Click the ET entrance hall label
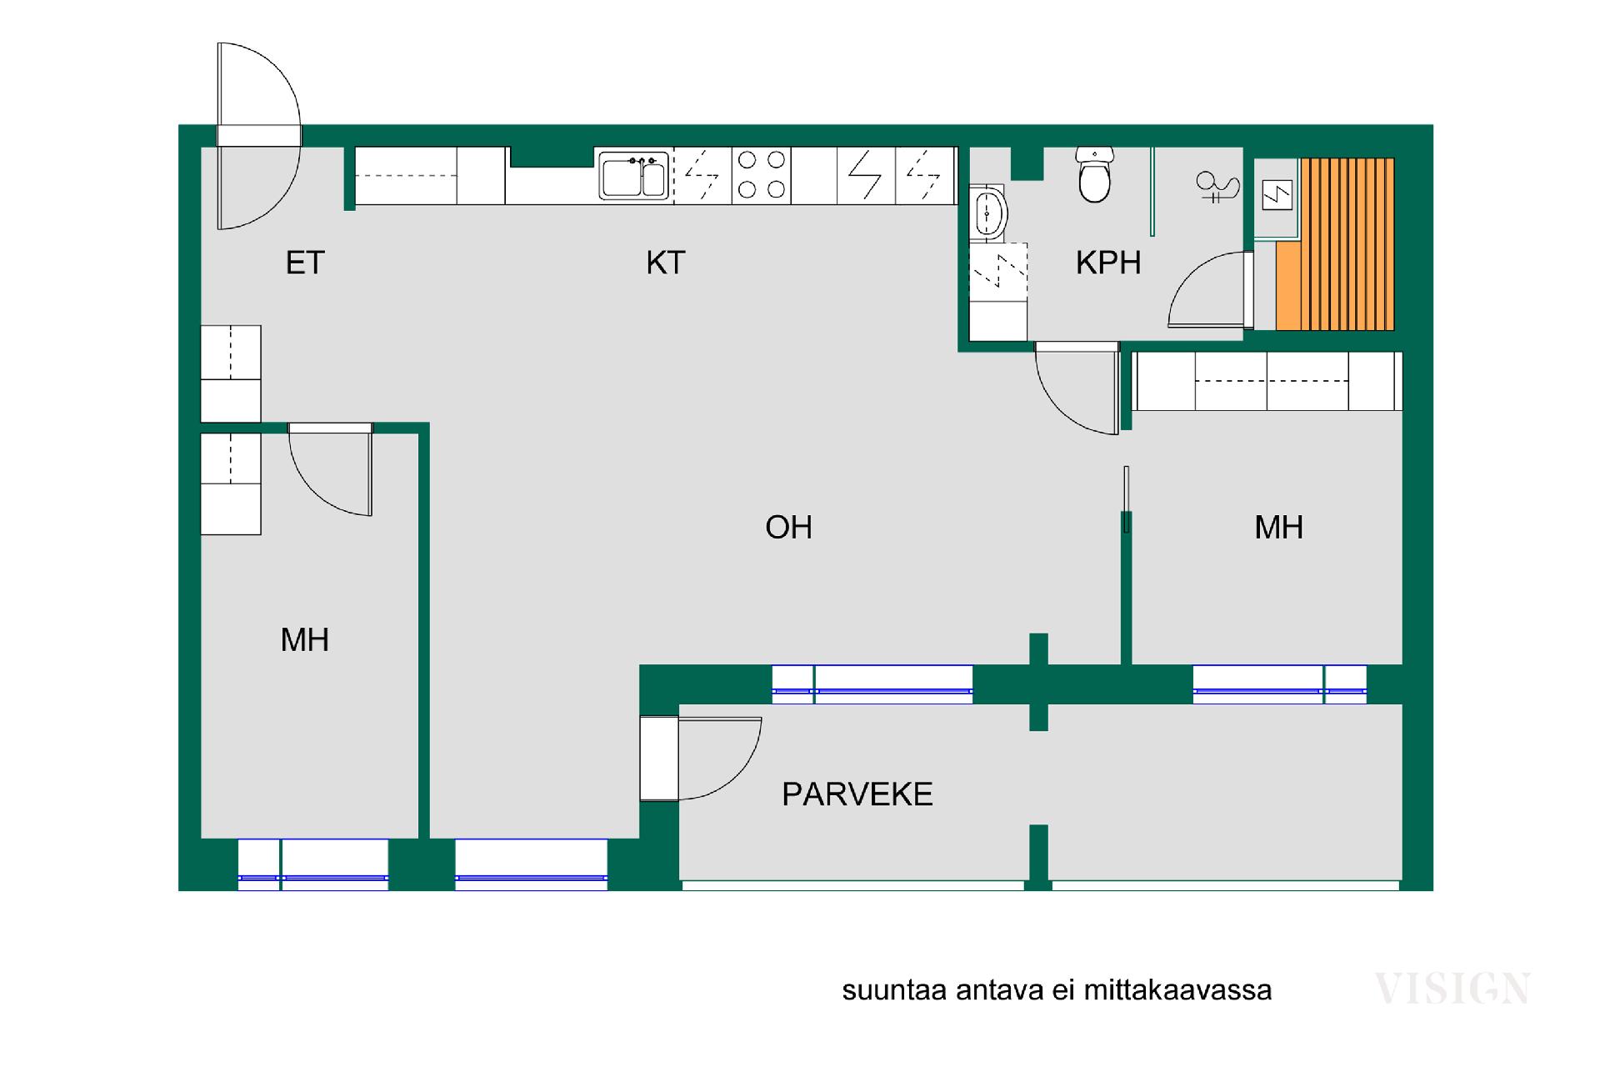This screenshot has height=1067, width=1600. click(x=305, y=263)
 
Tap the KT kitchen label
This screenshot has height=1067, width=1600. click(x=665, y=263)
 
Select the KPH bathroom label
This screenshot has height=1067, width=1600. click(x=1108, y=263)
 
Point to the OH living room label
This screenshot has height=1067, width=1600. click(x=788, y=527)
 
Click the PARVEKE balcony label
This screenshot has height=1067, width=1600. click(x=857, y=794)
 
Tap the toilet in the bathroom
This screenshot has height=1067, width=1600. click(x=1094, y=174)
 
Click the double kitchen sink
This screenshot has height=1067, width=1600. click(x=634, y=176)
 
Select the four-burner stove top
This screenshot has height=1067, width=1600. click(x=762, y=175)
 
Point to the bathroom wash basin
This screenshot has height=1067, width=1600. click(x=989, y=213)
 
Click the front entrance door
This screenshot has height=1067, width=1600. click(x=258, y=136)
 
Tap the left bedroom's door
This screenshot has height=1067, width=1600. click(x=331, y=469)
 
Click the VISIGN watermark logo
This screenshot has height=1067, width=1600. click(x=1452, y=989)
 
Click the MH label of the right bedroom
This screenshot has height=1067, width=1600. click(x=1278, y=527)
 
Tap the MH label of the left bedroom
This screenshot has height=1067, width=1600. click(x=305, y=640)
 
